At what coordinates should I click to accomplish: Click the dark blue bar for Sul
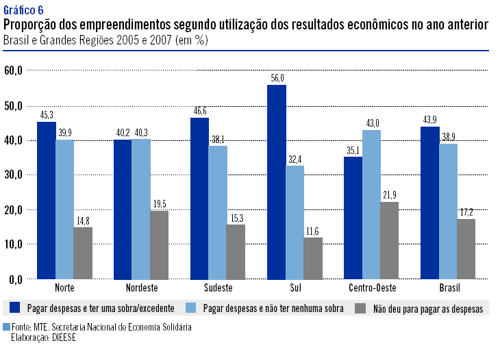pos(277,181)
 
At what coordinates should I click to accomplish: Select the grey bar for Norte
pos(83,253)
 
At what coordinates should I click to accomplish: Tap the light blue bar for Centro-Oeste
pos(372,204)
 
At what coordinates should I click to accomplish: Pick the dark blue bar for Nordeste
pos(123,209)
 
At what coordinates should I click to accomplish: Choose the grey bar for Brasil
pos(466,248)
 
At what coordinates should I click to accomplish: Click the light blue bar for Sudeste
pos(218,212)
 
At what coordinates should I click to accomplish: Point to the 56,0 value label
pos(277,79)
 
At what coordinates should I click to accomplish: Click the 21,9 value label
pos(388,195)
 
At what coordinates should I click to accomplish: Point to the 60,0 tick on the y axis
pos(14,70)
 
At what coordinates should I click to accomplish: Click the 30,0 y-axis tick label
pos(14,175)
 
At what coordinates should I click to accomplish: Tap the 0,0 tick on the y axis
pos(16,279)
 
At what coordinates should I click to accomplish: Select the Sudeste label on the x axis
pos(218,287)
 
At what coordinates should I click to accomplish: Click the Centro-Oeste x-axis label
pos(372,287)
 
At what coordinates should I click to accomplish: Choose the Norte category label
pos(64,287)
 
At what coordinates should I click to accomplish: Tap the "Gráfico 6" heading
pos(23,10)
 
